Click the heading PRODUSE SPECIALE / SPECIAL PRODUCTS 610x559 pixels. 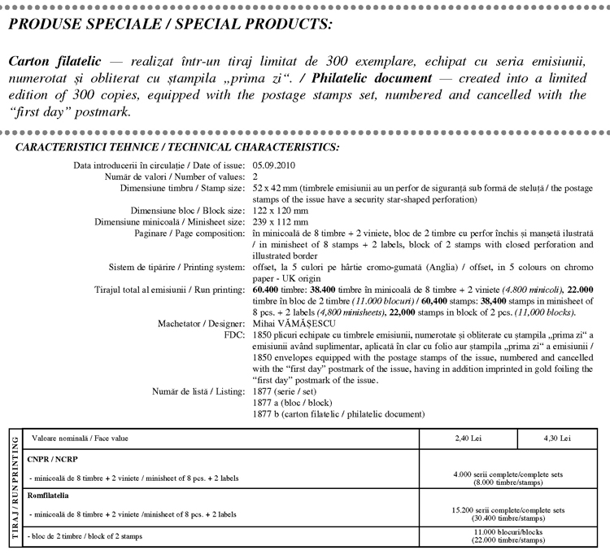(169, 24)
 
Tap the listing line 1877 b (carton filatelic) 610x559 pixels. (338, 414)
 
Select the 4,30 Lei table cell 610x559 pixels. (556, 439)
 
